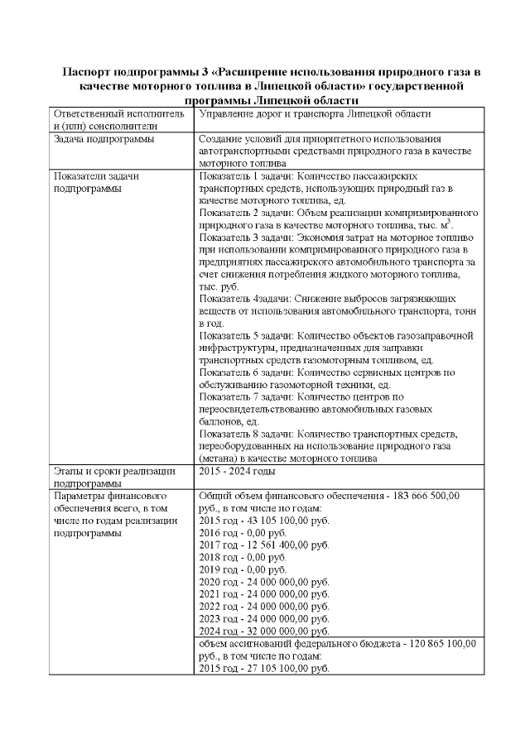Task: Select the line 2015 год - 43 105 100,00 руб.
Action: [x=265, y=521]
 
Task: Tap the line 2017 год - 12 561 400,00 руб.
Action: [x=265, y=545]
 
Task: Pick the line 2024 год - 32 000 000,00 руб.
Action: [x=265, y=630]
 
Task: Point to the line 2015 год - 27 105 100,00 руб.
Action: [x=265, y=668]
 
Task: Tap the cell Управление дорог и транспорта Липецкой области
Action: [x=316, y=114]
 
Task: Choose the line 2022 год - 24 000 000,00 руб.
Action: [x=265, y=606]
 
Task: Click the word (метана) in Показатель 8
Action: [x=222, y=457]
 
